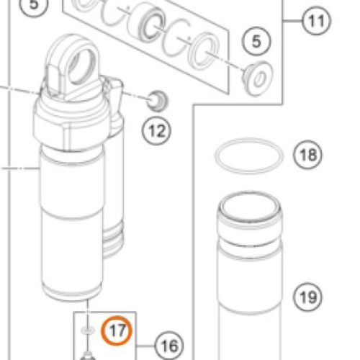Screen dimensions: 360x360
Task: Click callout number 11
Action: (x=316, y=21)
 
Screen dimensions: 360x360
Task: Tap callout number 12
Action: (x=157, y=131)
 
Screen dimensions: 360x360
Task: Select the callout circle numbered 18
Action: (x=307, y=155)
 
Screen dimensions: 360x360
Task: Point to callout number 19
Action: (x=307, y=297)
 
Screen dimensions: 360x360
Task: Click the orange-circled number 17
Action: (x=117, y=330)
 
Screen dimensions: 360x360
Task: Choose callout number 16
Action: (x=169, y=346)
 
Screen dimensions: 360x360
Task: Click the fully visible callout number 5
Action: (x=256, y=41)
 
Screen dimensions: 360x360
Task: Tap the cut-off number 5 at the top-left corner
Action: (x=33, y=6)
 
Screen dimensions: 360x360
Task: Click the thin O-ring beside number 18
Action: (x=249, y=156)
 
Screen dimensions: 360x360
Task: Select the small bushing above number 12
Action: (x=157, y=101)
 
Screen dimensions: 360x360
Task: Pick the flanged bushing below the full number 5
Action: (x=257, y=78)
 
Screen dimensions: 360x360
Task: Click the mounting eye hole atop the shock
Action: (x=81, y=66)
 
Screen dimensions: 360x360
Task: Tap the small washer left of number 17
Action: (x=88, y=330)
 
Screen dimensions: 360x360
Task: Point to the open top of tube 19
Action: (x=250, y=207)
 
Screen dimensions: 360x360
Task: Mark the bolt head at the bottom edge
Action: (x=87, y=356)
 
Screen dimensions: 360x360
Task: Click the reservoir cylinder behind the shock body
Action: (x=113, y=216)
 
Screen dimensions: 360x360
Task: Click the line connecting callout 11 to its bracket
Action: (x=292, y=21)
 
